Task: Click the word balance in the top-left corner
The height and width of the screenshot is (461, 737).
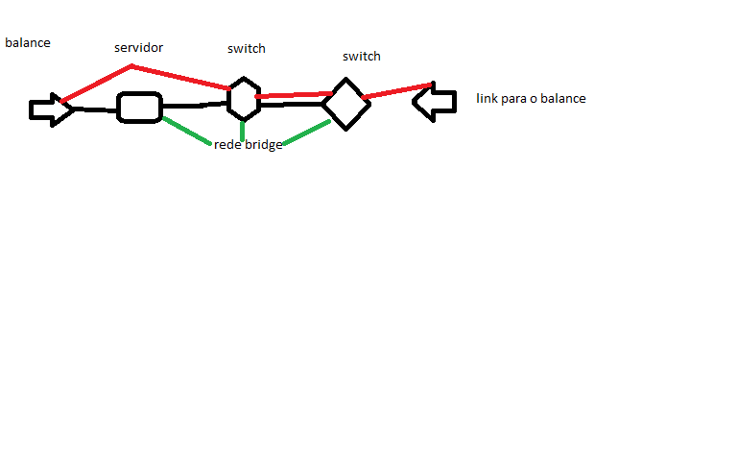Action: pos(28,43)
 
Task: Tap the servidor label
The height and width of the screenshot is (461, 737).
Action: pos(139,47)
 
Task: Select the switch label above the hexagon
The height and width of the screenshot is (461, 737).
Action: pos(247,48)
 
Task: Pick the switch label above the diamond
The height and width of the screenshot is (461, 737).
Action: pos(362,56)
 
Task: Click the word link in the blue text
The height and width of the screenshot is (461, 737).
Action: pos(487,98)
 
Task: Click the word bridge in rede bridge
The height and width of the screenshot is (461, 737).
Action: pos(263,145)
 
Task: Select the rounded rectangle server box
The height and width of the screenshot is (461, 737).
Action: pos(139,107)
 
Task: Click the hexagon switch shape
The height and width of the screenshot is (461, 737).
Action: pos(244,99)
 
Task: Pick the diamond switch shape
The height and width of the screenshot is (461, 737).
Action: pos(345,104)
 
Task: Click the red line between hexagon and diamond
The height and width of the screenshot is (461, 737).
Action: pos(293,95)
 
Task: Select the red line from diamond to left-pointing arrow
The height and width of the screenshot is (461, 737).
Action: pos(396,90)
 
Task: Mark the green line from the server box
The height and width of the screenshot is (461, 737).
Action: pos(186,132)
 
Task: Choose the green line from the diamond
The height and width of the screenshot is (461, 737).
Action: pos(307,133)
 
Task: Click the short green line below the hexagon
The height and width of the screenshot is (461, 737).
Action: pos(243,131)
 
